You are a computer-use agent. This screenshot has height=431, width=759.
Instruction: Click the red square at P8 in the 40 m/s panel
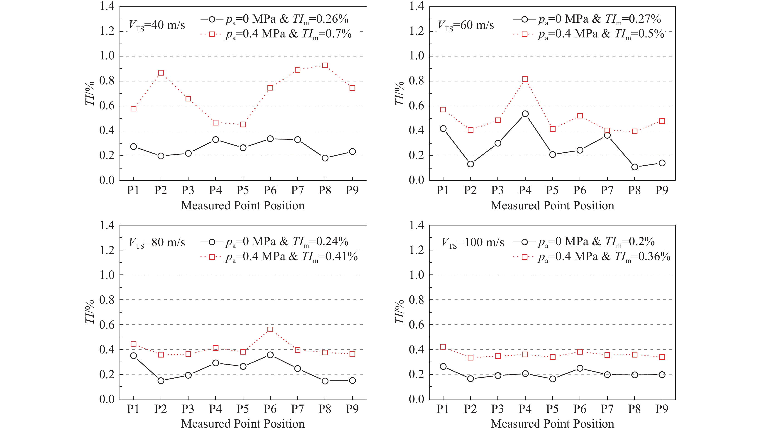pyautogui.click(x=325, y=65)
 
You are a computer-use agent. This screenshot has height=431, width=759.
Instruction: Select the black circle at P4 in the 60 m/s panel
pyautogui.click(x=525, y=114)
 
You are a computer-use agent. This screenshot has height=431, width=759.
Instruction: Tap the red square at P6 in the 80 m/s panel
pyautogui.click(x=270, y=329)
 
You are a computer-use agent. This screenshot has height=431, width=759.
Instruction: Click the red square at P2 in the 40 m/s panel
pyautogui.click(x=161, y=73)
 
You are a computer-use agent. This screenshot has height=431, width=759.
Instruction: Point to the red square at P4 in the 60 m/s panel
pyautogui.click(x=525, y=79)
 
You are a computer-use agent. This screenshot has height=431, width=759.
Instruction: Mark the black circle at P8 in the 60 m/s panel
pyautogui.click(x=635, y=167)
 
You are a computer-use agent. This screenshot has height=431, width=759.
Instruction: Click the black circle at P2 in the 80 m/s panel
pyautogui.click(x=161, y=381)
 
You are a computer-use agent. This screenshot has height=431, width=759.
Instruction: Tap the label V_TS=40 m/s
pyautogui.click(x=157, y=25)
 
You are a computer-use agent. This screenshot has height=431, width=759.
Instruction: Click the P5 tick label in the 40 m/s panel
pyautogui.click(x=243, y=190)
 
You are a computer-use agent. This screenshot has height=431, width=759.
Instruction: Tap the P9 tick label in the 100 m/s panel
pyautogui.click(x=662, y=409)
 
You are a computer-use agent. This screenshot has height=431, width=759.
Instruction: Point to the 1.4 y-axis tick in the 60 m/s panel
pyautogui.click(x=416, y=6)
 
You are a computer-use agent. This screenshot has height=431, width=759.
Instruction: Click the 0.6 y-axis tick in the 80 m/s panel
pyautogui.click(x=107, y=325)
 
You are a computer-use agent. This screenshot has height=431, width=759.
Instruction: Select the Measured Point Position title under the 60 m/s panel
pyautogui.click(x=552, y=206)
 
